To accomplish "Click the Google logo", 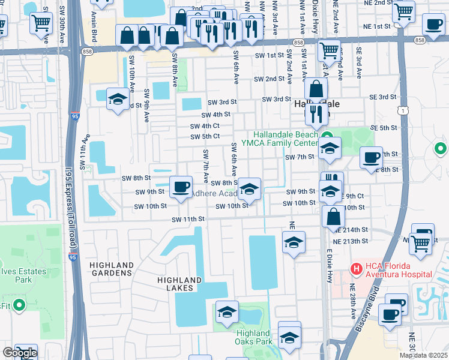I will (x=20, y=353).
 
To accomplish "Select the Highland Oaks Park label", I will (x=253, y=337).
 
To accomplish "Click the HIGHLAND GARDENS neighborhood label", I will (x=111, y=269).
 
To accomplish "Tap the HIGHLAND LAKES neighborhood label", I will (x=179, y=284).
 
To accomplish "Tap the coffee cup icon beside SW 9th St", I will (x=180, y=187).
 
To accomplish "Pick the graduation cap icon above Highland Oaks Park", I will (x=227, y=311).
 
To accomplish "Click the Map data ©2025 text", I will (x=424, y=355).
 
